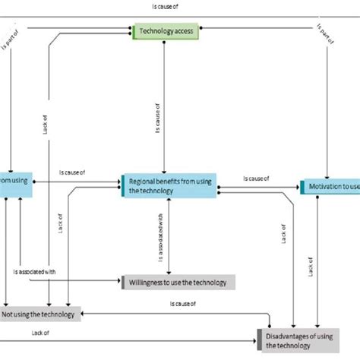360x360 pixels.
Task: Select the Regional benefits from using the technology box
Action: click(169, 185)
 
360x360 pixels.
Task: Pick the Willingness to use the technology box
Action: click(174, 283)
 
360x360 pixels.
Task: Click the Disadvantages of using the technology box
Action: click(308, 340)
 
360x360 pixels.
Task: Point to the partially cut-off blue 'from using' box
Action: click(16, 181)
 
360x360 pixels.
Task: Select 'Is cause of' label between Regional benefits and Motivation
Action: click(256, 179)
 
